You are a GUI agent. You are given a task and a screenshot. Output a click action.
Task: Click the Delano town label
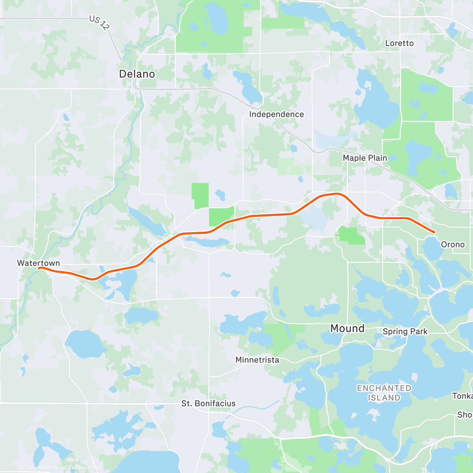[x=137, y=74]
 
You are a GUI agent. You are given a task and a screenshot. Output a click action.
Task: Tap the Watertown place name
[x=39, y=263]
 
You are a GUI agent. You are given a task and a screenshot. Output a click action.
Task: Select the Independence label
[x=276, y=114]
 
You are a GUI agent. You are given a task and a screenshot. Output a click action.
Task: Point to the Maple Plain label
[x=365, y=158]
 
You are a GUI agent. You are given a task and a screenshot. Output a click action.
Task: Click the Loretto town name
[x=399, y=43]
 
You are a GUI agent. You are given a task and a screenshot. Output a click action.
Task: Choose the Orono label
[x=453, y=245]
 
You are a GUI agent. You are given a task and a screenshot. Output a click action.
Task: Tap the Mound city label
[x=347, y=328]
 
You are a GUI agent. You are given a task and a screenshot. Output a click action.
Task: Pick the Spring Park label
[x=405, y=331]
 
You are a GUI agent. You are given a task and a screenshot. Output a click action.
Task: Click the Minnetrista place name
[x=257, y=360]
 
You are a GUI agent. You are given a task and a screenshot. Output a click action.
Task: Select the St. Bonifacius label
[x=209, y=404]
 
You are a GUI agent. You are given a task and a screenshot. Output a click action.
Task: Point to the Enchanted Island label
[x=384, y=393]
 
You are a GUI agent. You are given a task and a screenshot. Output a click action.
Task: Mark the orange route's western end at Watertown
[x=39, y=268]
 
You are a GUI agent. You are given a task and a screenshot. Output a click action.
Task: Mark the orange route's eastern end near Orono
[x=434, y=232]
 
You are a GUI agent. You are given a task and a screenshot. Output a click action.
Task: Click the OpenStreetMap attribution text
[x=82, y=468]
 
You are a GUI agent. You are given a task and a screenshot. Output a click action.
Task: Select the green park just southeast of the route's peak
[x=352, y=235]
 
